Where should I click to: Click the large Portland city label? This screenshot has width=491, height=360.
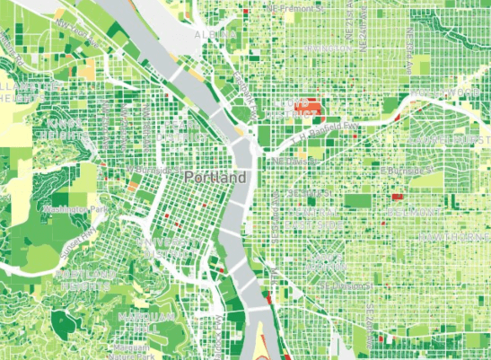(215, 178)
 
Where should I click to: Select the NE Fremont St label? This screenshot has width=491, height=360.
(290, 7)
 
